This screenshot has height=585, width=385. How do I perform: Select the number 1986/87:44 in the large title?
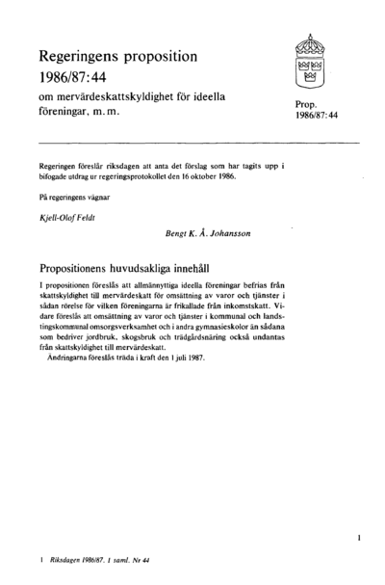(78, 78)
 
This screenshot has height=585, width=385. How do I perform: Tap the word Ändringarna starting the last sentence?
(71, 373)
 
